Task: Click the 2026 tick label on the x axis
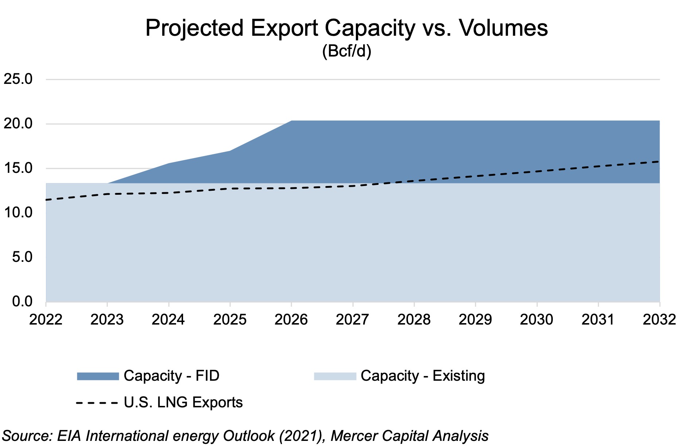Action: [x=291, y=320]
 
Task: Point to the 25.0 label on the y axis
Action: [x=18, y=79]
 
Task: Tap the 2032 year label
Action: [x=659, y=320]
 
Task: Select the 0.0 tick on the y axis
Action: [x=22, y=302]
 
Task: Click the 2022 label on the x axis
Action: [x=46, y=320]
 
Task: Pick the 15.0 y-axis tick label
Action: [x=18, y=168]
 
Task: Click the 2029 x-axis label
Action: [x=475, y=320]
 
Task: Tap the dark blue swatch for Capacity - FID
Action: [x=98, y=376]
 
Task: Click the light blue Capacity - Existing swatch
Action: [x=335, y=376]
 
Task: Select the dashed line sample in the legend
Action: [x=97, y=403]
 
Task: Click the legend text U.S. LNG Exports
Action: [x=183, y=403]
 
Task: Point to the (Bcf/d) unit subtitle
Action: [x=346, y=51]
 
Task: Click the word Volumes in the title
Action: [x=503, y=28]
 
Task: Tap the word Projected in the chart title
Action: [x=194, y=28]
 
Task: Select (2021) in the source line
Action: [x=302, y=436]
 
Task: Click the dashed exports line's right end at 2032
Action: [x=659, y=161]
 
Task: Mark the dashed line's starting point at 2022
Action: [x=46, y=200]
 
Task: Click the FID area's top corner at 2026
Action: [x=291, y=121]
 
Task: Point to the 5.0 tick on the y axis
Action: [x=22, y=257]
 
